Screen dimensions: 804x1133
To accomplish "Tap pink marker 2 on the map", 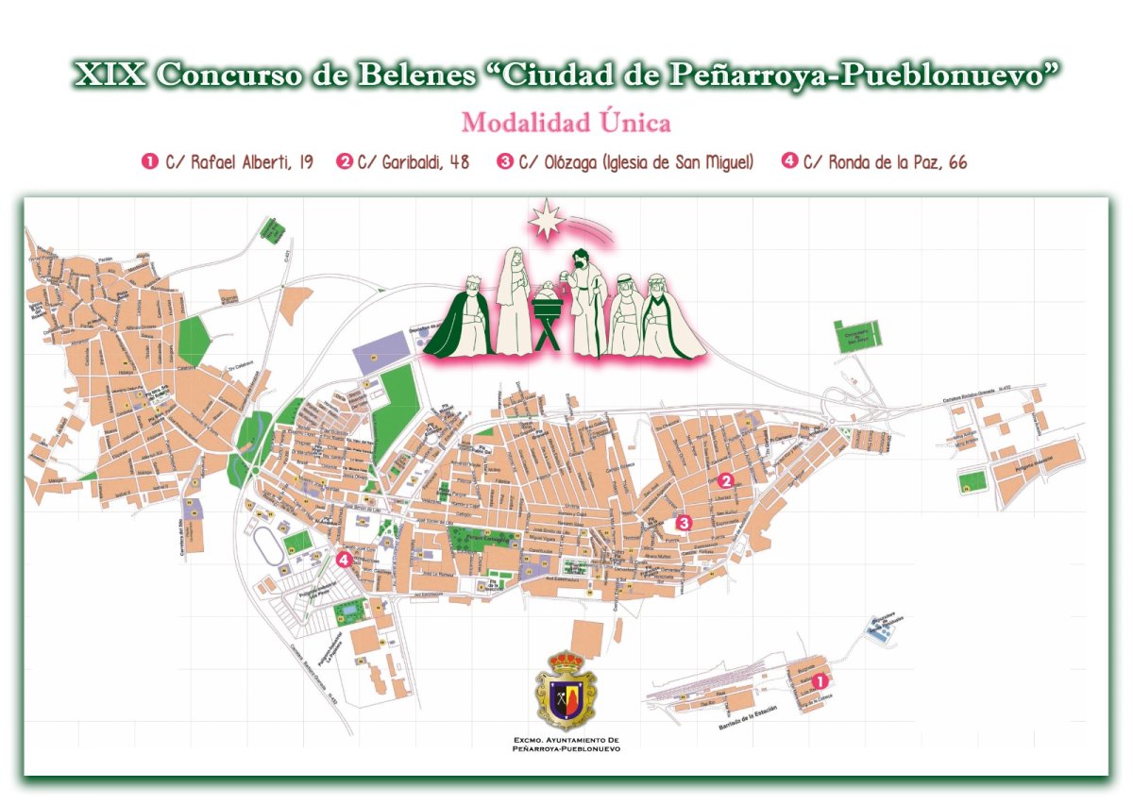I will pyautogui.click(x=725, y=478).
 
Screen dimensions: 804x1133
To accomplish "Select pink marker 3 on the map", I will pyautogui.click(x=684, y=522).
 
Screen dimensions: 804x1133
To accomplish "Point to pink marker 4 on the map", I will pyautogui.click(x=344, y=559).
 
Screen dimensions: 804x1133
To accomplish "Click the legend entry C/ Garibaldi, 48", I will pyautogui.click(x=403, y=162).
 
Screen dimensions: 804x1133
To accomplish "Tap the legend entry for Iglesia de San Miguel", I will pyautogui.click(x=625, y=162).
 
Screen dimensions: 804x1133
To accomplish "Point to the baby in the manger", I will pyautogui.click(x=548, y=294).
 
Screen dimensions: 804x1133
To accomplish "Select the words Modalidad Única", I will pyautogui.click(x=566, y=123).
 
